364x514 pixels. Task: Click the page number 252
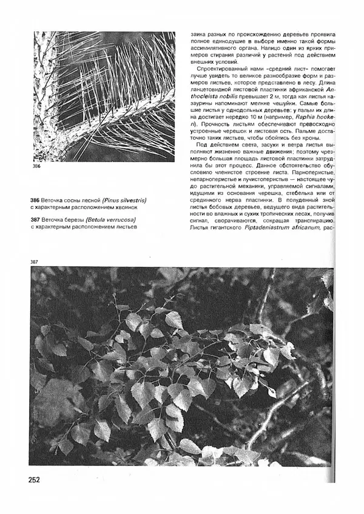33,479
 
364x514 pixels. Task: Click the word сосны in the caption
77,200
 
